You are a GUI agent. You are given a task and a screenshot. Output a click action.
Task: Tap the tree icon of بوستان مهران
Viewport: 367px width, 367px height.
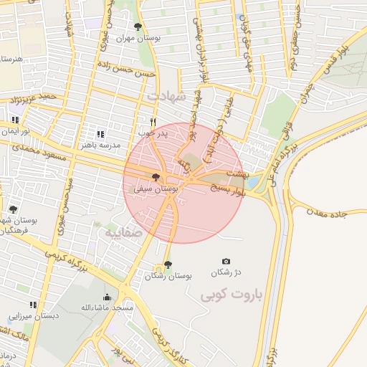point(138,27)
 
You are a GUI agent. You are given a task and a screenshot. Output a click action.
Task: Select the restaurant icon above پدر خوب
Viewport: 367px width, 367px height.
point(153,123)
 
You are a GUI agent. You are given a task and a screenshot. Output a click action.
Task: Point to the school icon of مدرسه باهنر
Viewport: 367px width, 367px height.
point(100,133)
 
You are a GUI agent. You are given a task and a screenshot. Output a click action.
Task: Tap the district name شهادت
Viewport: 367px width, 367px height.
point(166,95)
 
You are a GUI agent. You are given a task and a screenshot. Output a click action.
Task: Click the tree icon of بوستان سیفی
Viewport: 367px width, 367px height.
point(156,177)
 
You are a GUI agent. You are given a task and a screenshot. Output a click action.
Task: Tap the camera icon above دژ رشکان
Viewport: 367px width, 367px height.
point(227,261)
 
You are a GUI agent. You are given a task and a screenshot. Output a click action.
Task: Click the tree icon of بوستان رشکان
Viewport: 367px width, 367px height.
point(168,264)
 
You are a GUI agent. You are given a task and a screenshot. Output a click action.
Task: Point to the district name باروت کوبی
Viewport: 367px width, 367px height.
point(232,295)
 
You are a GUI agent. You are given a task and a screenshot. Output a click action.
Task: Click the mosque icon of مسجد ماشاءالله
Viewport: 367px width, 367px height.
point(108,297)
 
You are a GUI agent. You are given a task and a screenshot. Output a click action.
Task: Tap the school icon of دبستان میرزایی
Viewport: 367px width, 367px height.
point(33,305)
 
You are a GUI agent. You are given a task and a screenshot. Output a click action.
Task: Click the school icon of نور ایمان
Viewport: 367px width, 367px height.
point(15,120)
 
